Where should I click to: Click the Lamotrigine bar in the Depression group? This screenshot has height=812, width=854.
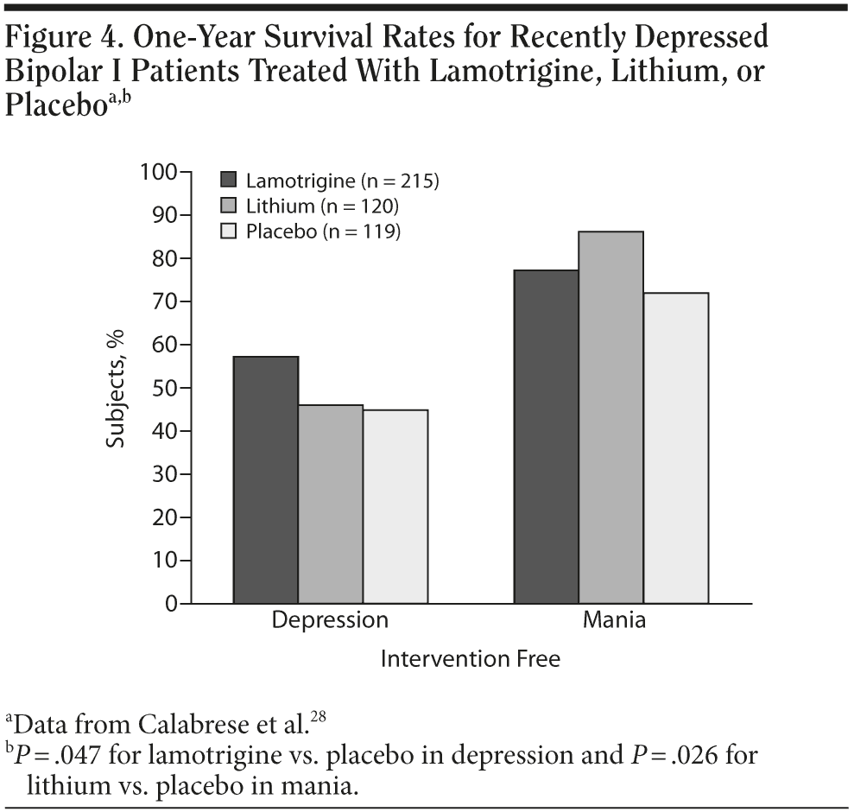point(266,479)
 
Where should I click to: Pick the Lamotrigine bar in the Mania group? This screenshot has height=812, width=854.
point(547,436)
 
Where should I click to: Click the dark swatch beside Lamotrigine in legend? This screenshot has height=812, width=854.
point(229,181)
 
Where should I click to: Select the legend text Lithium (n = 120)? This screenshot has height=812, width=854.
point(322,206)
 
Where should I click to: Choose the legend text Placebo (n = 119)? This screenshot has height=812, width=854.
point(323,231)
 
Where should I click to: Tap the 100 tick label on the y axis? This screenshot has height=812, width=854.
point(158,173)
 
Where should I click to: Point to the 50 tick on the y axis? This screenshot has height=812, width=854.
point(162,388)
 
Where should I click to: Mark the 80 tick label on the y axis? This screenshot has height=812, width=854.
point(162,258)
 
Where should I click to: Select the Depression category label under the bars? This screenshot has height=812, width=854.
point(331,620)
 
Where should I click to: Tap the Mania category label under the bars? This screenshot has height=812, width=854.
point(614,620)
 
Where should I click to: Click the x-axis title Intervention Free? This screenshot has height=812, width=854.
point(471,659)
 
